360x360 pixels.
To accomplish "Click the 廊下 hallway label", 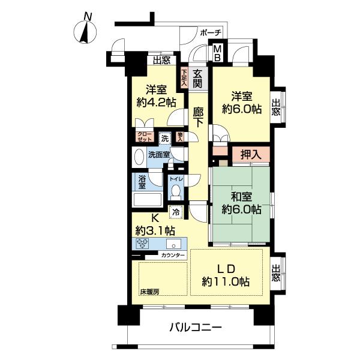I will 199,116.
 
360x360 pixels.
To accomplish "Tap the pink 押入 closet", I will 245,155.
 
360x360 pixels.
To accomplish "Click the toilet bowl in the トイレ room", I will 176,191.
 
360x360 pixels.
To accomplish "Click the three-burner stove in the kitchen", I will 143,244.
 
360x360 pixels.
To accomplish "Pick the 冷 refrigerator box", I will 176,211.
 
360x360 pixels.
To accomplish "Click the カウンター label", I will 173,256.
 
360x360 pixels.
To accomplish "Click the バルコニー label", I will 195,328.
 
